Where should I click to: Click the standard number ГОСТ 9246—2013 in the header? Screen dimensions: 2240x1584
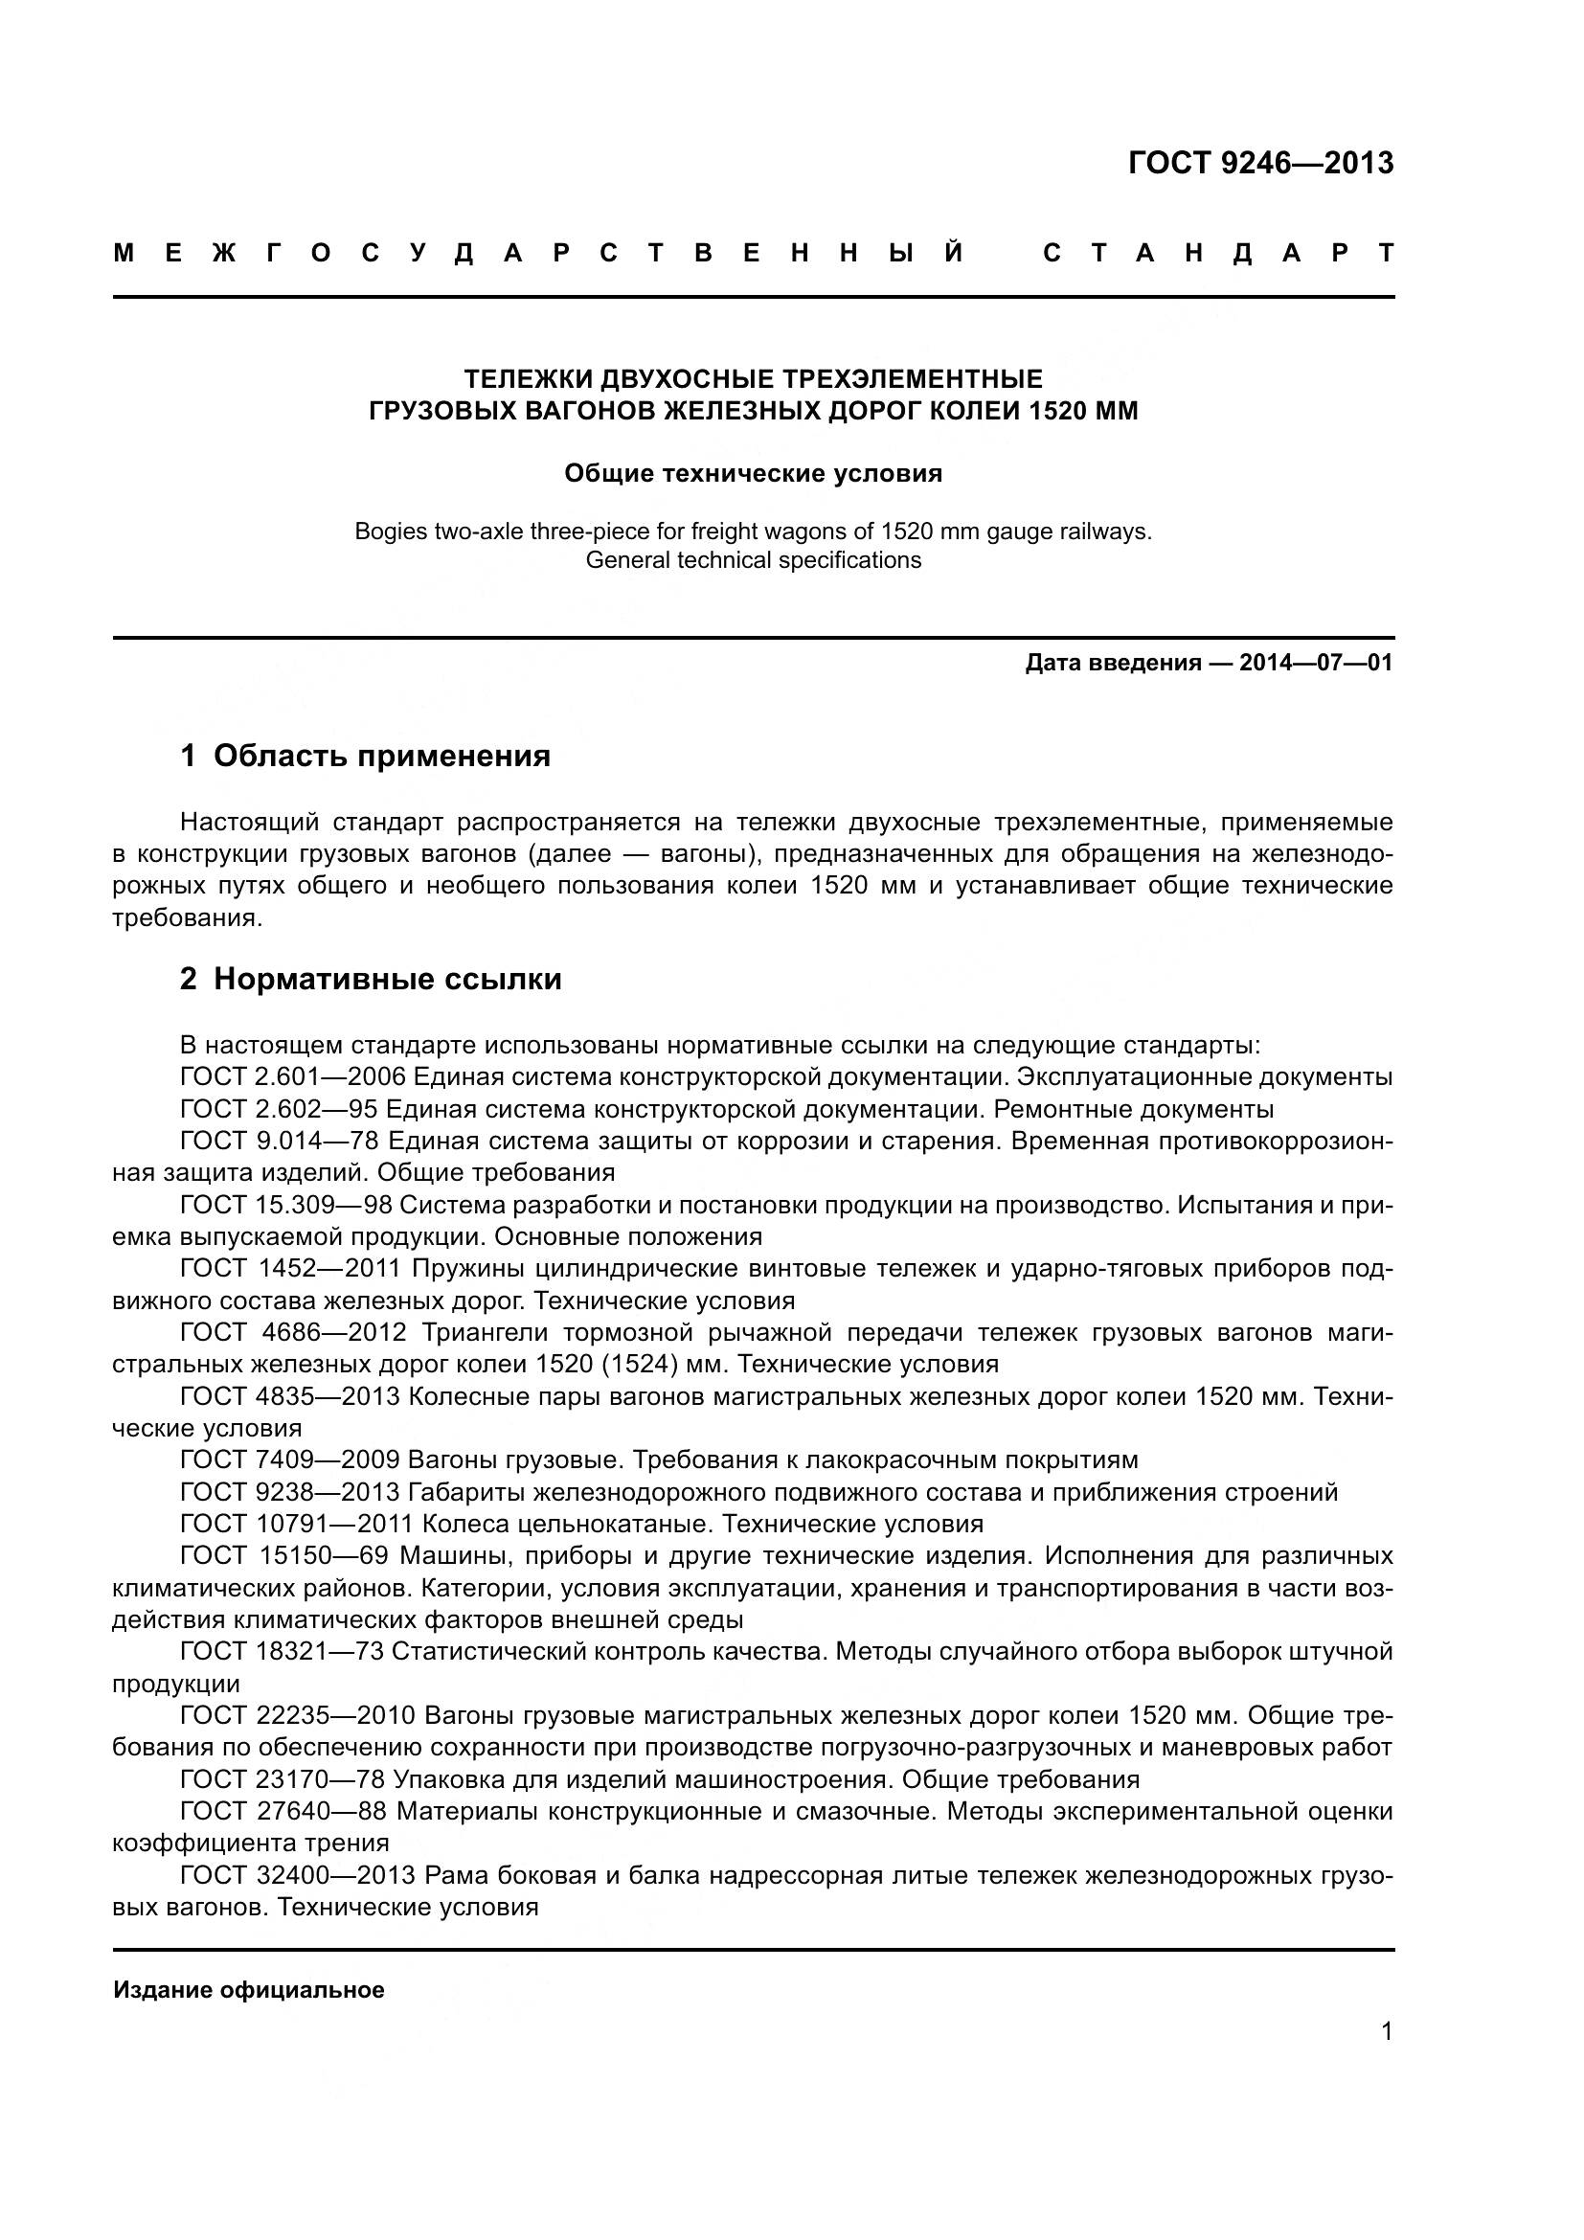pyautogui.click(x=1260, y=163)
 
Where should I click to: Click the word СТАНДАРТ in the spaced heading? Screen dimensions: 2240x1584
pyautogui.click(x=1218, y=254)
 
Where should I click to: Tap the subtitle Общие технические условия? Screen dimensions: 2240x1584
pyautogui.click(x=753, y=474)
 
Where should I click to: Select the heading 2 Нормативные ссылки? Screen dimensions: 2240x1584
pyautogui.click(x=371, y=979)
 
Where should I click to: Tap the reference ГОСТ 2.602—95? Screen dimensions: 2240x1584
pyautogui.click(x=279, y=1109)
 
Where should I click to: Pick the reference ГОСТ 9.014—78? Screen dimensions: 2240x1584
pyautogui.click(x=279, y=1142)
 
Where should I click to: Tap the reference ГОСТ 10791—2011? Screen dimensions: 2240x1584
pyautogui.click(x=297, y=1524)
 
